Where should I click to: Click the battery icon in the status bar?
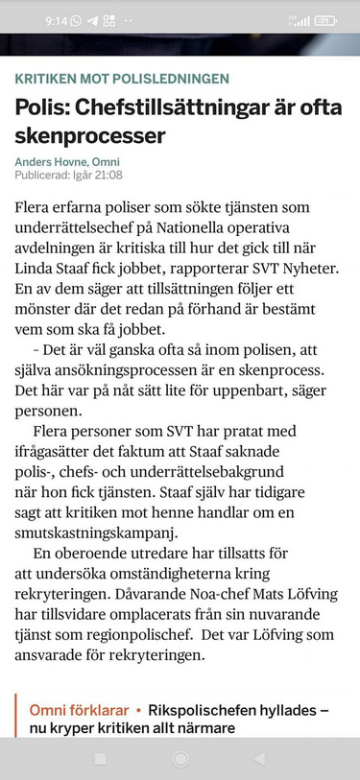coord(325,19)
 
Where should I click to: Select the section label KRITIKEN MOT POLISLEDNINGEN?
coord(122,79)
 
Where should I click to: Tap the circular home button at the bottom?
coord(180,758)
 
